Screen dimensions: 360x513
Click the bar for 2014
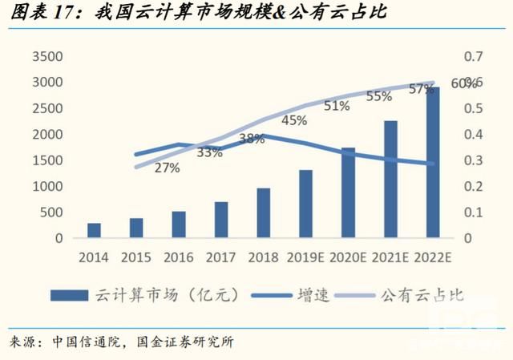pos(95,231)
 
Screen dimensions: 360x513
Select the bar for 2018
pos(264,213)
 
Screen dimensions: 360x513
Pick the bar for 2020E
pos(348,193)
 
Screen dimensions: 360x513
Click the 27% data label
pos(167,168)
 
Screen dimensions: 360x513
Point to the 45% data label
pos(294,120)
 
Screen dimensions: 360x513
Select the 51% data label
pos(337,106)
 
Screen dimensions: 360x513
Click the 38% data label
pos(252,138)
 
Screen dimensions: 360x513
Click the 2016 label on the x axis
pos(179,257)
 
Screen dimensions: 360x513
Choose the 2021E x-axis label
pos(390,257)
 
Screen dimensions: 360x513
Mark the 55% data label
pos(378,96)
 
